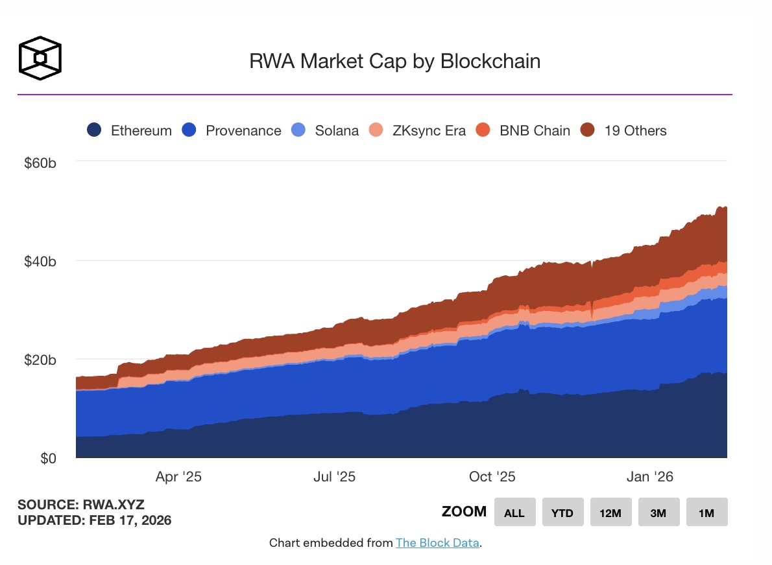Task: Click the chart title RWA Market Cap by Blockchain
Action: coord(394,62)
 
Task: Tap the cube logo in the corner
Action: coord(40,58)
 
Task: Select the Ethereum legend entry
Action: coord(130,130)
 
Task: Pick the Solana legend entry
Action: coord(325,130)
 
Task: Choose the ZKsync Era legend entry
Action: coord(416,130)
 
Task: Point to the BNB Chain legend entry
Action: coord(523,130)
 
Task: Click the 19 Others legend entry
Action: coord(623,130)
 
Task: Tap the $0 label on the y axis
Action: coord(49,459)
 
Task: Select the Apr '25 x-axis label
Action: coord(178,478)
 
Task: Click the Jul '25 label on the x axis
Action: coord(334,478)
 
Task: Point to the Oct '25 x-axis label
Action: coord(492,478)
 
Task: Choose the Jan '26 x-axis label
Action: coord(650,478)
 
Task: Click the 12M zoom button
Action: coord(610,513)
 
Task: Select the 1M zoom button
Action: coord(706,513)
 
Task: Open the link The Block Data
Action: coord(437,543)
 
